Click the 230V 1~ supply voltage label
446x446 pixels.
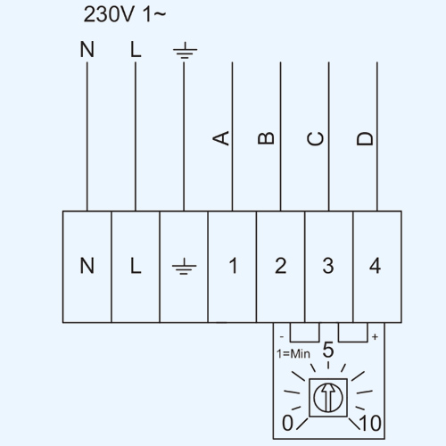tap(125, 14)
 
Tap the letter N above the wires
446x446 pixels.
tap(87, 49)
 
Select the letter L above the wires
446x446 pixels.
tap(136, 49)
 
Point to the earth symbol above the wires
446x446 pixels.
tap(185, 51)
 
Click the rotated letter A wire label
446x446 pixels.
tap(221, 138)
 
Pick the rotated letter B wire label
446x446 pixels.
tap(266, 138)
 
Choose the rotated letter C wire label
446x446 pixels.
tap(315, 138)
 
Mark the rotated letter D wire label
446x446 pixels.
tap(365, 138)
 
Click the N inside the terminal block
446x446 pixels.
tap(87, 266)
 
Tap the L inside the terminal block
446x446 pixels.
tap(136, 266)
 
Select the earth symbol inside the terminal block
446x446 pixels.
tap(185, 266)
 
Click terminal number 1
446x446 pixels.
tap(233, 266)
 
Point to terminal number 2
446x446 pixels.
tap(281, 266)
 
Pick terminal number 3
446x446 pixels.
tap(328, 266)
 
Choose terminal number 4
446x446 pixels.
tap(376, 266)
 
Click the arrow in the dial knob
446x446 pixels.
tap(328, 397)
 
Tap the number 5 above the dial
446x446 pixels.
tap(328, 350)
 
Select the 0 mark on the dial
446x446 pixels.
tap(287, 423)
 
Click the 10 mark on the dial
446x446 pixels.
tap(370, 423)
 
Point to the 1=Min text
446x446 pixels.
tap(293, 354)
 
